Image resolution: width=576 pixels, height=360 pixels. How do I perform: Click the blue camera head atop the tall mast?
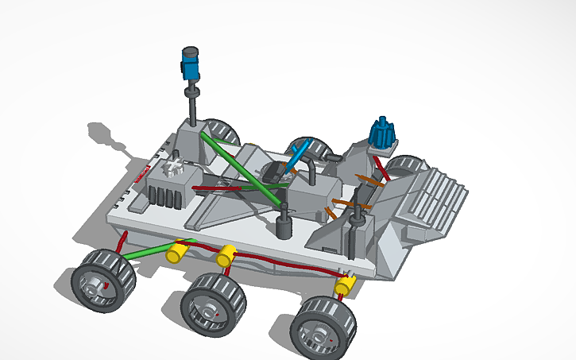(191, 64)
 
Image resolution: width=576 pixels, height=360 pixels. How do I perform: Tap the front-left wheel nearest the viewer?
(104, 277)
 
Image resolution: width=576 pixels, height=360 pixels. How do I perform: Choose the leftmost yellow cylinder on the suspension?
(176, 253)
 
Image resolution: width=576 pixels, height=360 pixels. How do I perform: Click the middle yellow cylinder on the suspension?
(226, 256)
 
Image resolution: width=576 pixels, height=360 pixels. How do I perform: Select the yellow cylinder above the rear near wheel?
(346, 284)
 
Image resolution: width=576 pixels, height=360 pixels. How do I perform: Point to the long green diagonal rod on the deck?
(238, 167)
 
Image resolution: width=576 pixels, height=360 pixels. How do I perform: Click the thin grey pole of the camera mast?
(193, 103)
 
